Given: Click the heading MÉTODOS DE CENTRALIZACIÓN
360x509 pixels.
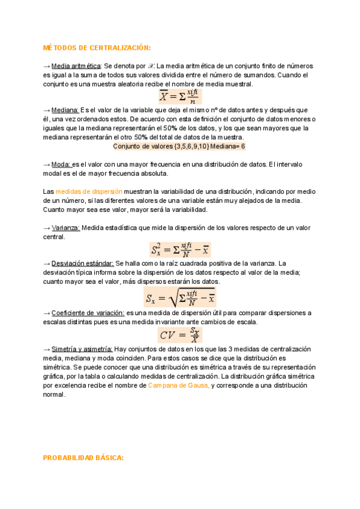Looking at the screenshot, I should (x=97, y=47).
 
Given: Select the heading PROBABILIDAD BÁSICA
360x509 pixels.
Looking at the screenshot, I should (x=83, y=457).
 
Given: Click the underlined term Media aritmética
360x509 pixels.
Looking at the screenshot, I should (x=76, y=65).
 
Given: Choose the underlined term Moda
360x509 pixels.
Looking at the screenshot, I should (x=61, y=164).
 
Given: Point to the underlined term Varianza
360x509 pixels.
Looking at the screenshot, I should (x=65, y=227).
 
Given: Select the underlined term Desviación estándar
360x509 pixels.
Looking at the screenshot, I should (x=82, y=263).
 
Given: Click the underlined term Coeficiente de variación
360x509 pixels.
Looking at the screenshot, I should (x=88, y=313).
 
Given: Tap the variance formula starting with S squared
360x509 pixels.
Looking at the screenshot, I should (x=179, y=248).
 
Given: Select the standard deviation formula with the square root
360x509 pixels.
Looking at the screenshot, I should (x=179, y=297).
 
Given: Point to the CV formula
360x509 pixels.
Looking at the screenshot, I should (x=179, y=334).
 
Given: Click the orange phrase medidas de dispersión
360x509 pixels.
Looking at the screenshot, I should (x=80, y=191).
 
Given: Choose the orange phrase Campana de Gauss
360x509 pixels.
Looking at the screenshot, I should (x=179, y=385).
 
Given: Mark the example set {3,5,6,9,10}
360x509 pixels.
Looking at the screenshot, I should (x=181, y=146).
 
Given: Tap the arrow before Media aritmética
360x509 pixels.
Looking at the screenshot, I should (x=47, y=65).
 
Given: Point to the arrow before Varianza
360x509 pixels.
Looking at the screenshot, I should (x=47, y=227).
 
